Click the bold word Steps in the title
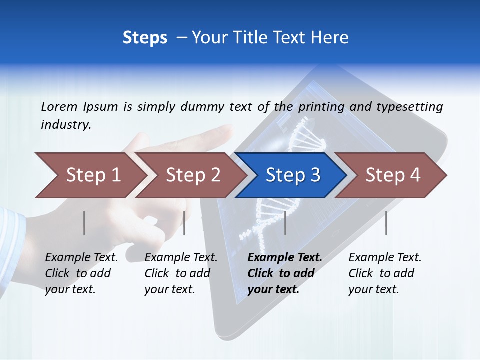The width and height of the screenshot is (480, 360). pos(145,38)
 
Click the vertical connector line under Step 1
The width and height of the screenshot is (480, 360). pos(84,223)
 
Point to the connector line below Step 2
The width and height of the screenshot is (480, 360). pos(184,223)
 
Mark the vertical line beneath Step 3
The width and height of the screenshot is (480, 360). pos(285,223)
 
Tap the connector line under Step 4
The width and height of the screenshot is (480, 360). pos(386,223)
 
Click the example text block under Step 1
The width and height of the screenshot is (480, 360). pos(81,273)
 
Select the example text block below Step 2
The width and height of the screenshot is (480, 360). pos(181,273)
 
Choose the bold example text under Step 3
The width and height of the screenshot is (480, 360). pos(285,273)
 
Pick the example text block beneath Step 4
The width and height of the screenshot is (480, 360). pos(385,273)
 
